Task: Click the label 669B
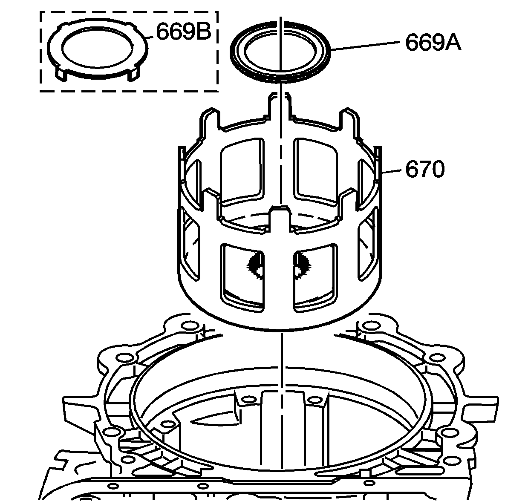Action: click(183, 32)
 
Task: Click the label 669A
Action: click(433, 43)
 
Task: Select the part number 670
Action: click(425, 169)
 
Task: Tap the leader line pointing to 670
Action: click(391, 171)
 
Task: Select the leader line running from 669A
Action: click(365, 46)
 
